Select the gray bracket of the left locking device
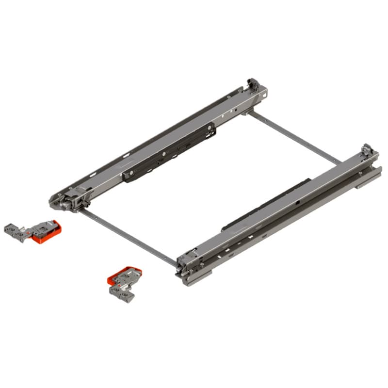[15, 230]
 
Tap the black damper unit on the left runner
[170, 153]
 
